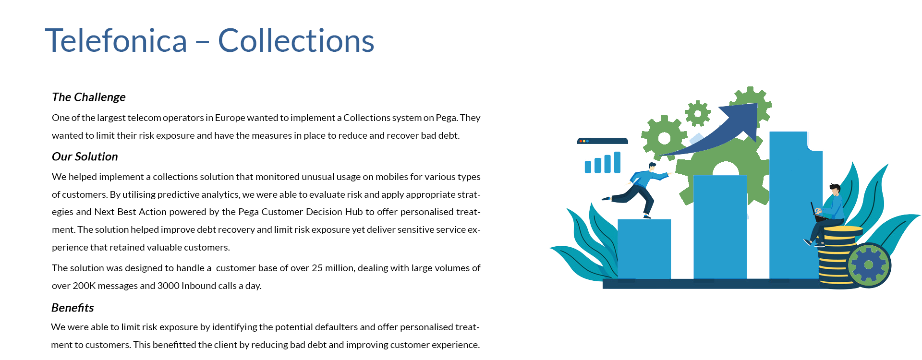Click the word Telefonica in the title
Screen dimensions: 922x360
coord(116,40)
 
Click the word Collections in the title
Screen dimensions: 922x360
coord(296,40)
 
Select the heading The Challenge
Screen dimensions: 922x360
coord(89,97)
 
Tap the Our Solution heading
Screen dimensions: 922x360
coord(85,156)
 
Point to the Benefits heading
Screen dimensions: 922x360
coord(73,308)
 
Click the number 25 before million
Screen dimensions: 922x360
coord(317,268)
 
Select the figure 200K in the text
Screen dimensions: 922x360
coord(84,286)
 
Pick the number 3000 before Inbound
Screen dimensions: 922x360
coord(168,286)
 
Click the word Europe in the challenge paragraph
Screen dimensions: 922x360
coord(229,118)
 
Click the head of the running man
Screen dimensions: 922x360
coord(652,167)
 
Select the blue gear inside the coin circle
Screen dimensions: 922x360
coord(868,265)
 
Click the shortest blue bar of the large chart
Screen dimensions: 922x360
coord(644,249)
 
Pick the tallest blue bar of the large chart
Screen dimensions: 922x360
coord(796,205)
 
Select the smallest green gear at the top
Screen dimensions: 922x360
coord(698,114)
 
